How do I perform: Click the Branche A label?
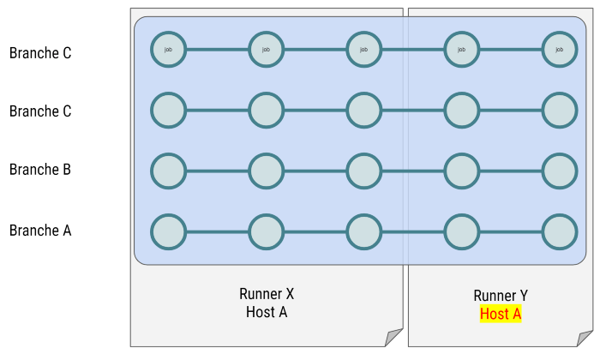tap(40, 231)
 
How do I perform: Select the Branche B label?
tap(40, 170)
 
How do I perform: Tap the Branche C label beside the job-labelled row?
tap(40, 53)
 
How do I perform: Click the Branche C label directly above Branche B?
tap(40, 111)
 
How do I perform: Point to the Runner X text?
tap(267, 294)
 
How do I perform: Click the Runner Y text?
tap(501, 296)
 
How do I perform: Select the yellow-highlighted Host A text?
tap(501, 314)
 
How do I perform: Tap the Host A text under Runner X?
tap(267, 312)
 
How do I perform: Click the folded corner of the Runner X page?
tap(394, 338)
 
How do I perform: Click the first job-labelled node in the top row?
tap(169, 50)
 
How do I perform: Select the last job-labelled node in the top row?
tap(560, 50)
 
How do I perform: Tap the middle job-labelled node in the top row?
tap(364, 50)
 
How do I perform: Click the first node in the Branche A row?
tap(169, 231)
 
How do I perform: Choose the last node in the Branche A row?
tap(560, 231)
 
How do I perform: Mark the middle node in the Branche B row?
tap(364, 171)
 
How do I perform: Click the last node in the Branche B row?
tap(560, 171)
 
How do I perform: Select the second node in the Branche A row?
tap(267, 231)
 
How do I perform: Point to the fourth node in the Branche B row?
tap(462, 171)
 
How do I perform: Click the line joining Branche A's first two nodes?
tap(218, 231)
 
